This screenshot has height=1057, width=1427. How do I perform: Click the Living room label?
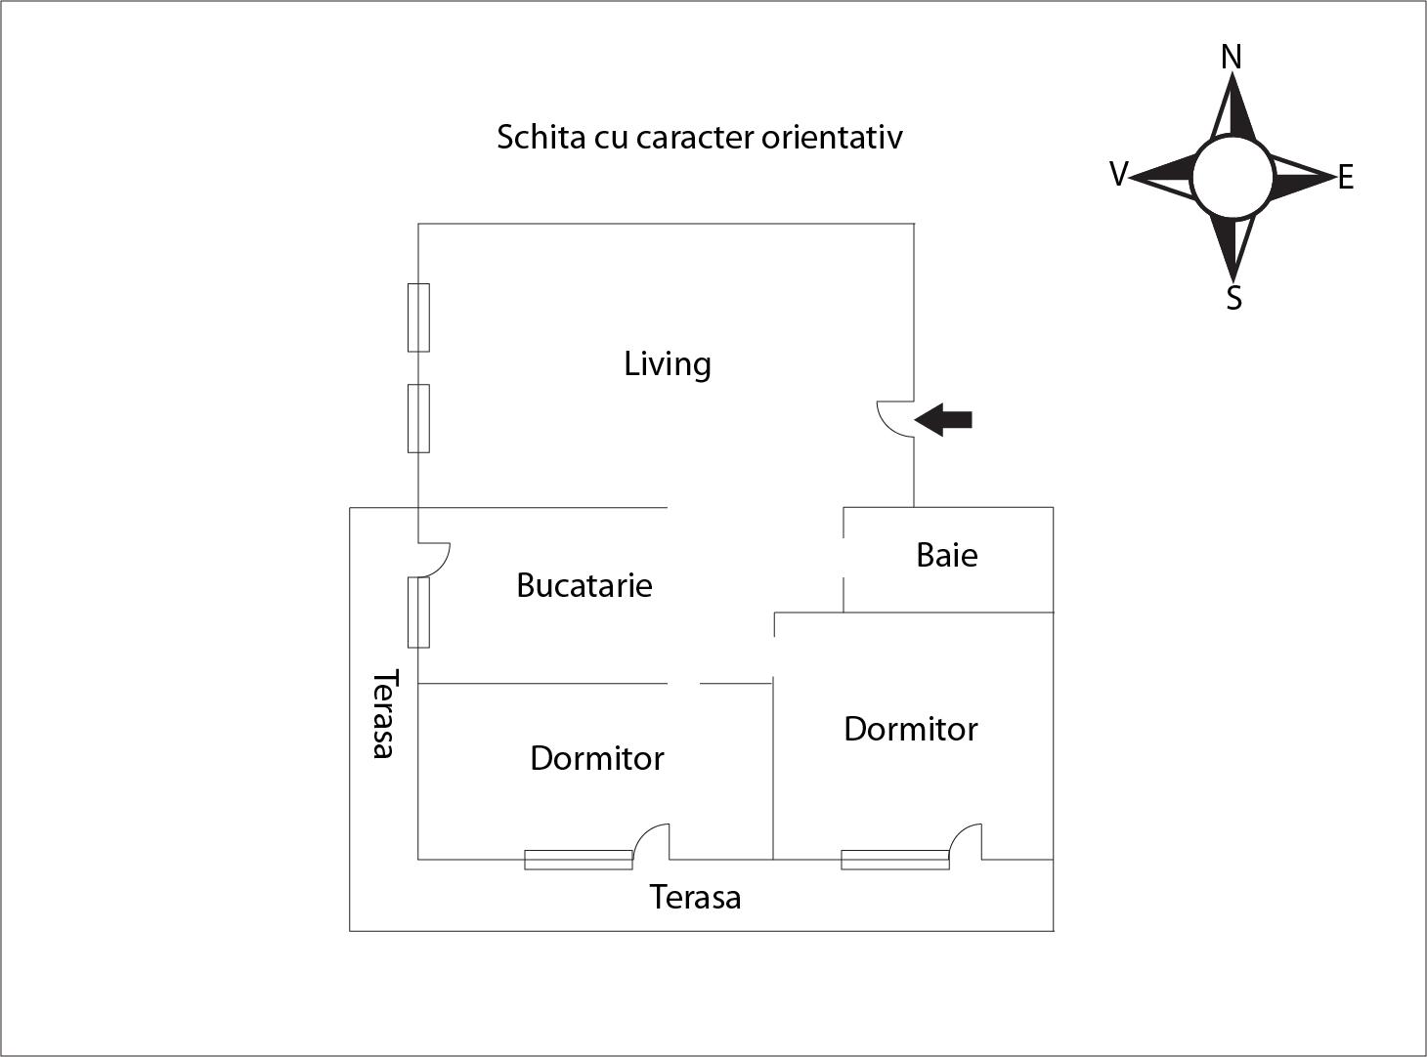tap(668, 364)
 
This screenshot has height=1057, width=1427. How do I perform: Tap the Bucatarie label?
tap(584, 585)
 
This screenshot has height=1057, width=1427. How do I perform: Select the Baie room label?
tap(946, 555)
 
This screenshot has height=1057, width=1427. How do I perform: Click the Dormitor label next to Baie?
tap(910, 729)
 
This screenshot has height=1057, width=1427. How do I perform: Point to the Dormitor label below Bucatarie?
tap(596, 758)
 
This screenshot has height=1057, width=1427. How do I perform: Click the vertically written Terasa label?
tap(384, 713)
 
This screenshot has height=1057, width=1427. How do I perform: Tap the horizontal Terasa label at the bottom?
tap(695, 897)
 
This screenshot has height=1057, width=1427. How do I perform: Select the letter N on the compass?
tap(1232, 58)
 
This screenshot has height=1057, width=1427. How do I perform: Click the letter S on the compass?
tap(1233, 297)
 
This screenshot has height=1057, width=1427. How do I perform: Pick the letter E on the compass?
tap(1346, 178)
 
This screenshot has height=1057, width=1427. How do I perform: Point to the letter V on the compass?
tap(1118, 175)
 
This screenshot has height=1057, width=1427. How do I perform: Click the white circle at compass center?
tap(1232, 177)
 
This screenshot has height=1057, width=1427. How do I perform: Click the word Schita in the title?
tap(541, 137)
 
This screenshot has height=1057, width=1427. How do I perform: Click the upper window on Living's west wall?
tap(418, 317)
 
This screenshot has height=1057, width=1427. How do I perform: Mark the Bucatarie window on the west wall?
tap(418, 612)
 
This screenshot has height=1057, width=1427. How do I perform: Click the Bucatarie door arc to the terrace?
tap(436, 558)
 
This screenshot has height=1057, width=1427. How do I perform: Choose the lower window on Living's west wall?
tap(418, 418)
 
